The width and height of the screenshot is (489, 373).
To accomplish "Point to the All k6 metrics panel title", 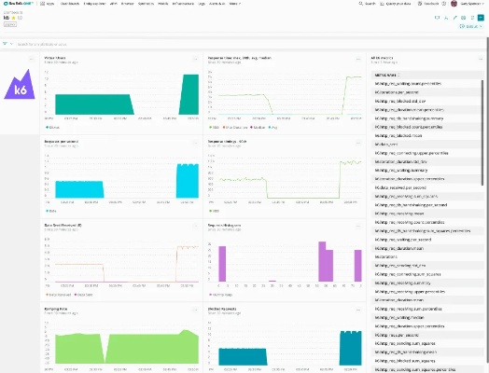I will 361,57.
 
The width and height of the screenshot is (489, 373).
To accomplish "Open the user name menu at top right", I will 465,5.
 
